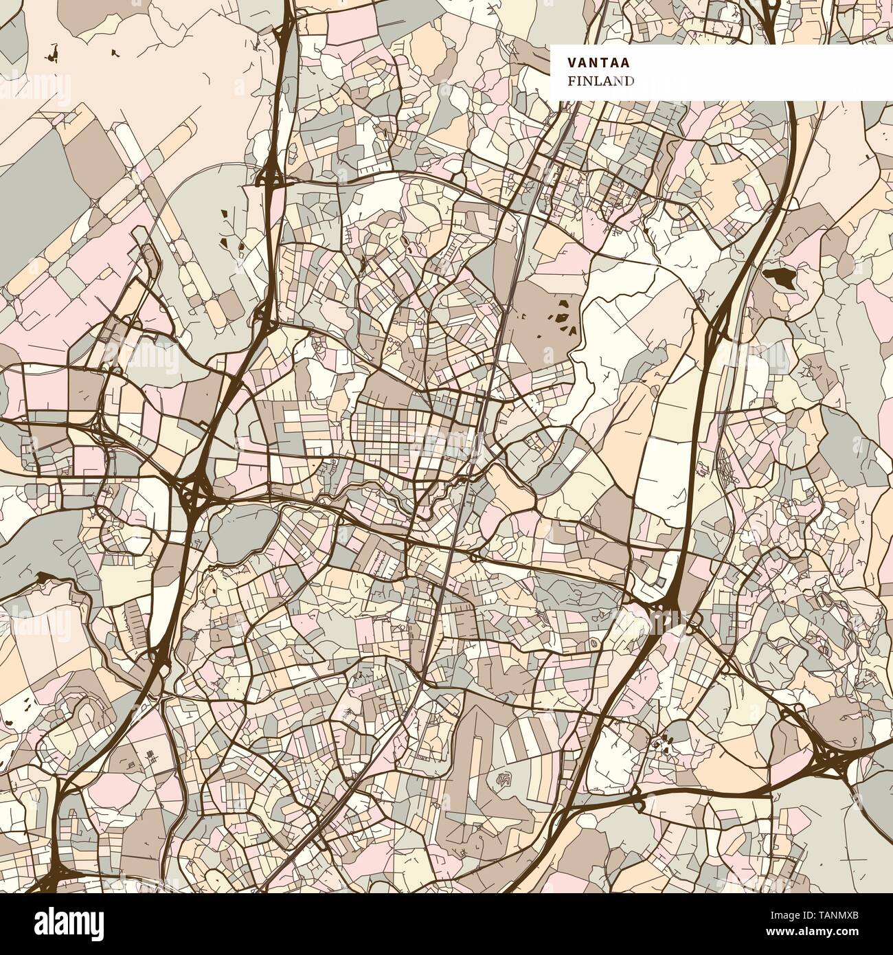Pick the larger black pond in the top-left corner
[x=54, y=52]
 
